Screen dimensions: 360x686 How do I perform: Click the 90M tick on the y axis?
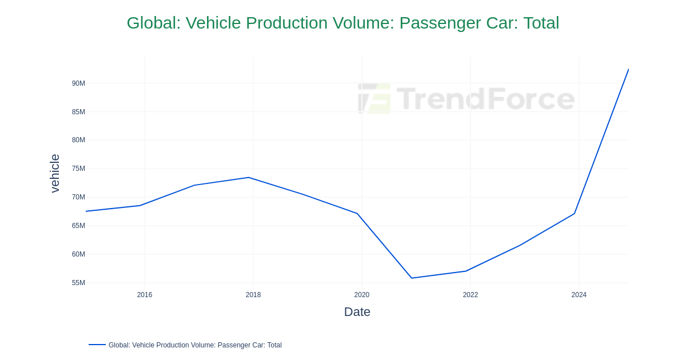(x=78, y=83)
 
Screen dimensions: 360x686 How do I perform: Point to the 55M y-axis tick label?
(x=78, y=283)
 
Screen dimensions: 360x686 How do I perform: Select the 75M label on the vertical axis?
(x=78, y=169)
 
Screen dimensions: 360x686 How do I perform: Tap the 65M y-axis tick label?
(x=78, y=226)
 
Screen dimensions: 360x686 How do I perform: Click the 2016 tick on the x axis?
(x=145, y=295)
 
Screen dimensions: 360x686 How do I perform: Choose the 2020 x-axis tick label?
(x=362, y=295)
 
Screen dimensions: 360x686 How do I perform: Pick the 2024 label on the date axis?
(x=579, y=295)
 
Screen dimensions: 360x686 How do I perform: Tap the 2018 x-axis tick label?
(x=253, y=295)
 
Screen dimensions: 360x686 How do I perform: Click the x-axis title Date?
(x=357, y=312)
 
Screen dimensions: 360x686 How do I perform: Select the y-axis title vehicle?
(x=55, y=173)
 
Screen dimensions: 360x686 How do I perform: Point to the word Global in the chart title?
(x=151, y=23)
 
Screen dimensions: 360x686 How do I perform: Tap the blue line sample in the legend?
(x=97, y=345)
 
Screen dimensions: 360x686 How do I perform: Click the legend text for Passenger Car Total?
(x=195, y=345)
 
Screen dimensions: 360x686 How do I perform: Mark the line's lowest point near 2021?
(x=412, y=278)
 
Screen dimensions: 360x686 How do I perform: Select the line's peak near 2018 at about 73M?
(x=249, y=178)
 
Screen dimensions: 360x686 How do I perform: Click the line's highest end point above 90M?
(x=628, y=70)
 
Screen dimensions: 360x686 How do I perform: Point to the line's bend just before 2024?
(x=575, y=213)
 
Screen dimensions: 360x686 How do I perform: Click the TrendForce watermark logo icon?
(x=374, y=98)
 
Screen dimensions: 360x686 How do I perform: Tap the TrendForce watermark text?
(x=485, y=98)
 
